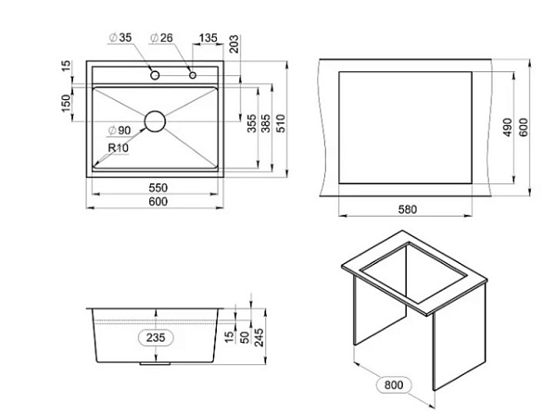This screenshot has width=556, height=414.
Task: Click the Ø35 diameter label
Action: coord(120,37)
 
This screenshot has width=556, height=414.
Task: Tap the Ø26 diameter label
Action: coord(161,37)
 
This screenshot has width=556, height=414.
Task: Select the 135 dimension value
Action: coord(208,38)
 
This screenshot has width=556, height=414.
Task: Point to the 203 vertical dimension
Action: coord(234,44)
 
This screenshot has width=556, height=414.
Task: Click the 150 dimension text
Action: coord(67,104)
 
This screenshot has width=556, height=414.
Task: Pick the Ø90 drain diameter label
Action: coord(120,131)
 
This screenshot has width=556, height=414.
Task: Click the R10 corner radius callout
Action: coord(118,147)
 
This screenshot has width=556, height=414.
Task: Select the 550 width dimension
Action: coord(158,187)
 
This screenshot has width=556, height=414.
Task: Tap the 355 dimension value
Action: coord(252,123)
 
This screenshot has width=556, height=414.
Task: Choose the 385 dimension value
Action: coord(266,123)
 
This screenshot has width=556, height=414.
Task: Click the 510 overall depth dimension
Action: coord(281,123)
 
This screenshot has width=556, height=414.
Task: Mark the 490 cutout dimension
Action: coord(508,128)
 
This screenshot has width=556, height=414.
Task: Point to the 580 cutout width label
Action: coord(408,209)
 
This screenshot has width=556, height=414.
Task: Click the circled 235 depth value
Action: coord(156,337)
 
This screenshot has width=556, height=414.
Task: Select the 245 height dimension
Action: coord(259,337)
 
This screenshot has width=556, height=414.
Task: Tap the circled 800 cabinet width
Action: coord(394,384)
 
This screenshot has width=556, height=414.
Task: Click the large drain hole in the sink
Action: coord(155,121)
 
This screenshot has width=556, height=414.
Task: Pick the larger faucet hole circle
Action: coord(155,75)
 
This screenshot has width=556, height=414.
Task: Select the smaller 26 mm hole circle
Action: coord(193,75)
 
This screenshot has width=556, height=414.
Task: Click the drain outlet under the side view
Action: coord(155,364)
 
